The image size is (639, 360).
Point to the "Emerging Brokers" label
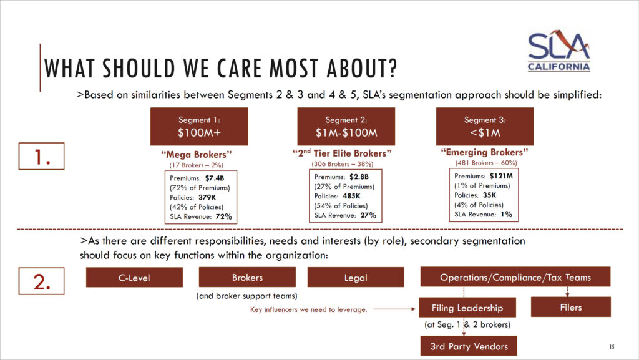(484, 152)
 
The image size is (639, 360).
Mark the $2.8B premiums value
(361, 177)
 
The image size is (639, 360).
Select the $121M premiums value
(500, 177)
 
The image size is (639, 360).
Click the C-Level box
(134, 278)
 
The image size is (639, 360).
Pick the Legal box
(356, 278)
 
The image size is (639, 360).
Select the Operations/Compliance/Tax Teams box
(515, 277)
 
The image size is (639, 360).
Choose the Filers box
(570, 307)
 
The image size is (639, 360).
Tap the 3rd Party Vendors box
(469, 346)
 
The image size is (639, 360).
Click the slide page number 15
(612, 346)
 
